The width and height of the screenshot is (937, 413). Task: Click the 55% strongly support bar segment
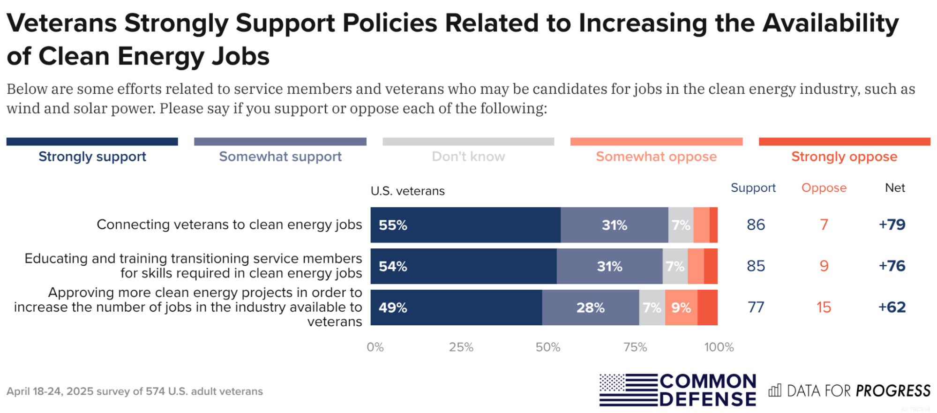pos(465,225)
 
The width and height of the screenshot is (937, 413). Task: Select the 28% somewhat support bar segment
pos(590,308)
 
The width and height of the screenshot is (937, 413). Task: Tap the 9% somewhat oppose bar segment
pos(681,308)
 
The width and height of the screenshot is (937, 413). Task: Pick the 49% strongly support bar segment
pos(456,308)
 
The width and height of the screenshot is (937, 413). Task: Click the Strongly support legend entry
pos(92,156)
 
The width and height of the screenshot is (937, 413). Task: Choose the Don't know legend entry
pos(468,156)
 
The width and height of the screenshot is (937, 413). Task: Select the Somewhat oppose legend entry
pos(656,156)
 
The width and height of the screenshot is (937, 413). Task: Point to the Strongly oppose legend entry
pos(844,156)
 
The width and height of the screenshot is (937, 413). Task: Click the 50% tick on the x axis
pos(548,347)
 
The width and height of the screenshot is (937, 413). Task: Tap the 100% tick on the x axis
pos(719,347)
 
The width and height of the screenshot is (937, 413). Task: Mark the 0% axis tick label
pos(375,347)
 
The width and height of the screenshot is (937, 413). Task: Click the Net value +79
pos(892,225)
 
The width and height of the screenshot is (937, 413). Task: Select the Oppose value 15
pos(824,308)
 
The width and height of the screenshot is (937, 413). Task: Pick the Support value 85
pos(756,266)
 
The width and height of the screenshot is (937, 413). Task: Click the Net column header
pos(894,188)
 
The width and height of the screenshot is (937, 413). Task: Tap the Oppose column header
pos(824,188)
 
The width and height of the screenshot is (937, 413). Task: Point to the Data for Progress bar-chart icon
pos(775,390)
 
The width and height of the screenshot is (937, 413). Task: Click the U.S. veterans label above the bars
pos(407,191)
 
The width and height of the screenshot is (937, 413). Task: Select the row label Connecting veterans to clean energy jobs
pos(229,225)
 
